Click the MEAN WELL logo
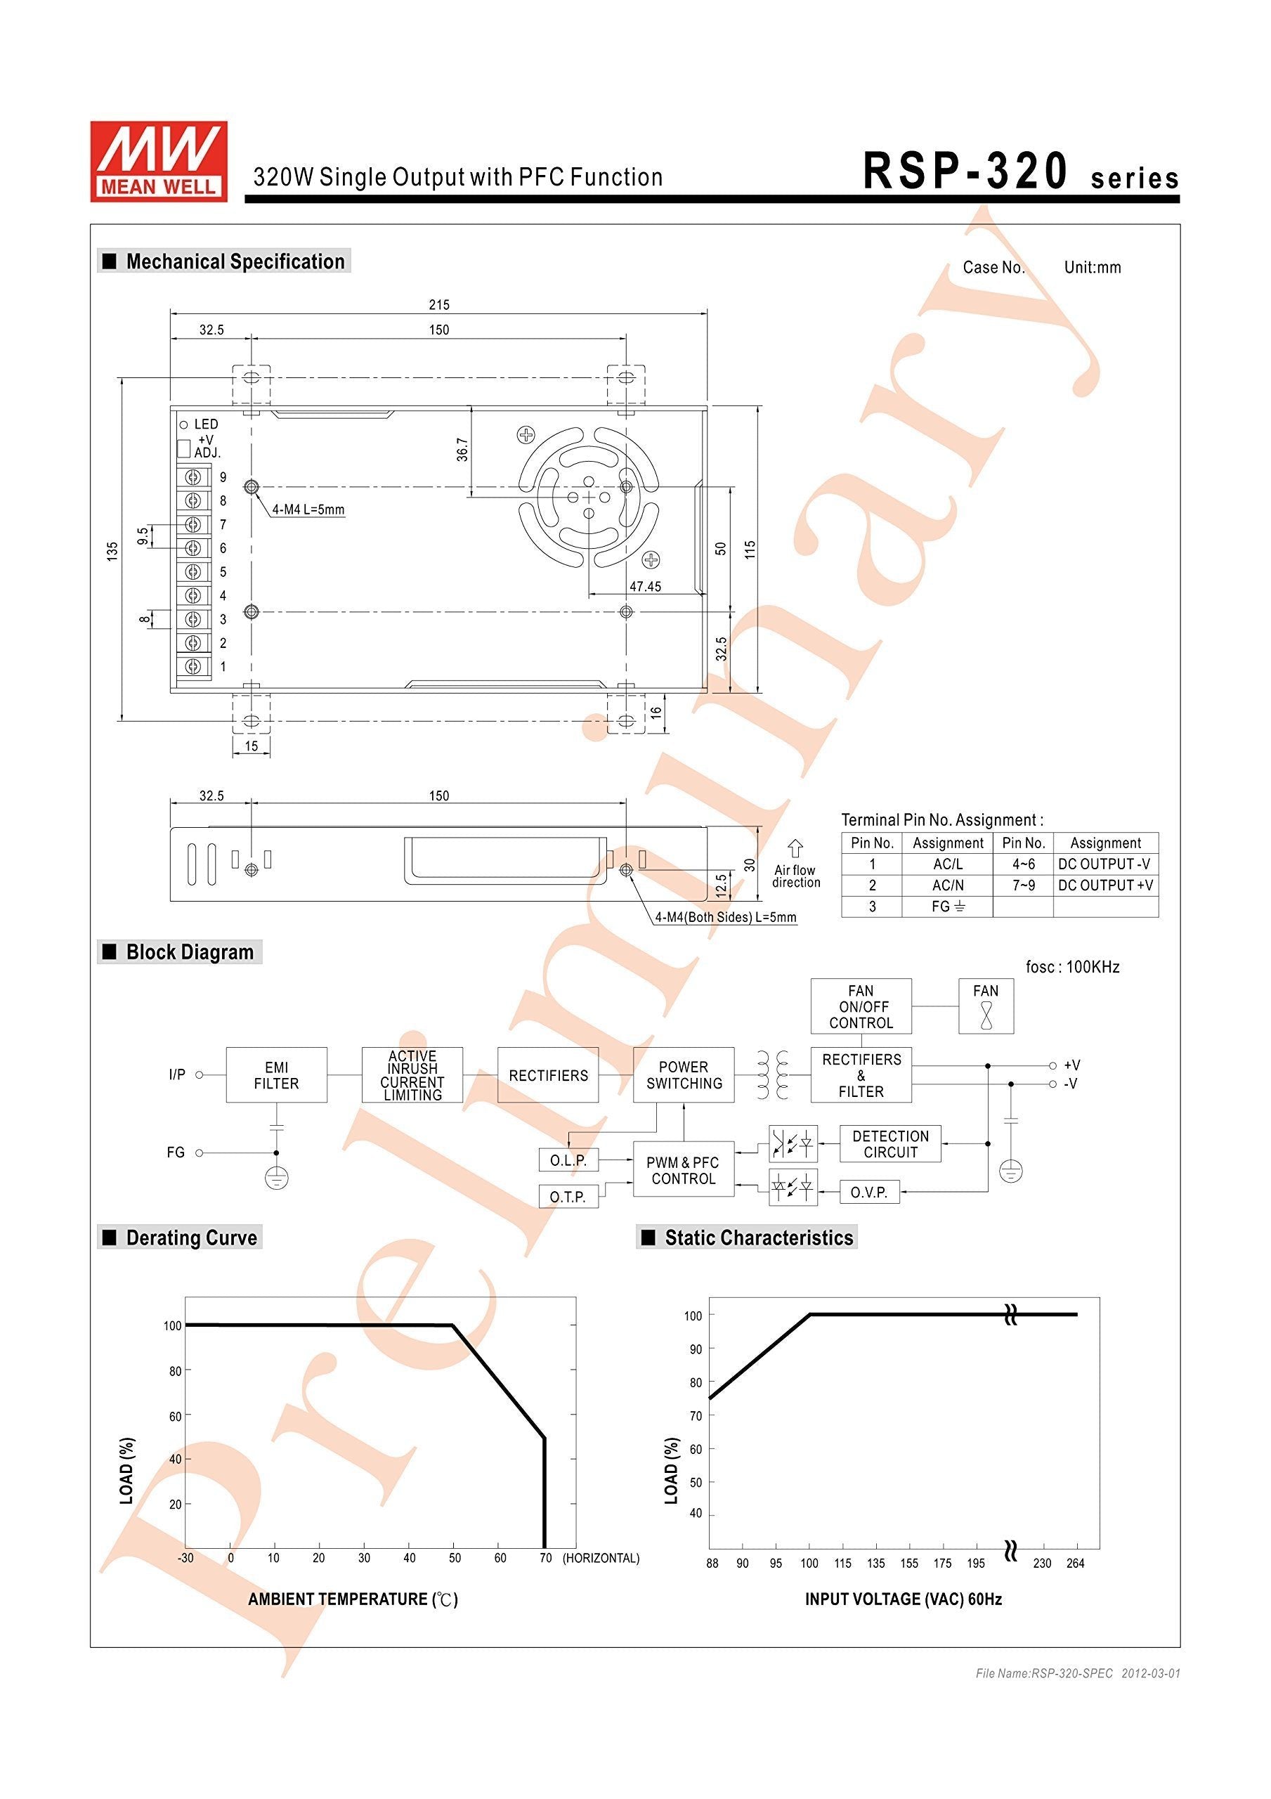pyautogui.click(x=158, y=162)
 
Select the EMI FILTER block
pyautogui.click(x=277, y=1075)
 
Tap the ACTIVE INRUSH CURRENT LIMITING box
pyautogui.click(x=412, y=1075)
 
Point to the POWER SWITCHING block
pyautogui.click(x=684, y=1075)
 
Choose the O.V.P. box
pyautogui.click(x=869, y=1192)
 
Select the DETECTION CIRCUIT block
pyautogui.click(x=890, y=1144)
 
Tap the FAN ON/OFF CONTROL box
pyautogui.click(x=861, y=1006)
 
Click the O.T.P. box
pyautogui.click(x=568, y=1197)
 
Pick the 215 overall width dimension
pyautogui.click(x=440, y=305)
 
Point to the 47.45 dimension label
pyautogui.click(x=645, y=586)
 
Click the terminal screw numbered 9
pyautogui.click(x=193, y=476)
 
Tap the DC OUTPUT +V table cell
pyautogui.click(x=1106, y=885)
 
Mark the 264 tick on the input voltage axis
pyautogui.click(x=1075, y=1562)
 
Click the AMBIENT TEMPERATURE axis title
pyautogui.click(x=353, y=1599)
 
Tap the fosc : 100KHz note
pyautogui.click(x=1073, y=967)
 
